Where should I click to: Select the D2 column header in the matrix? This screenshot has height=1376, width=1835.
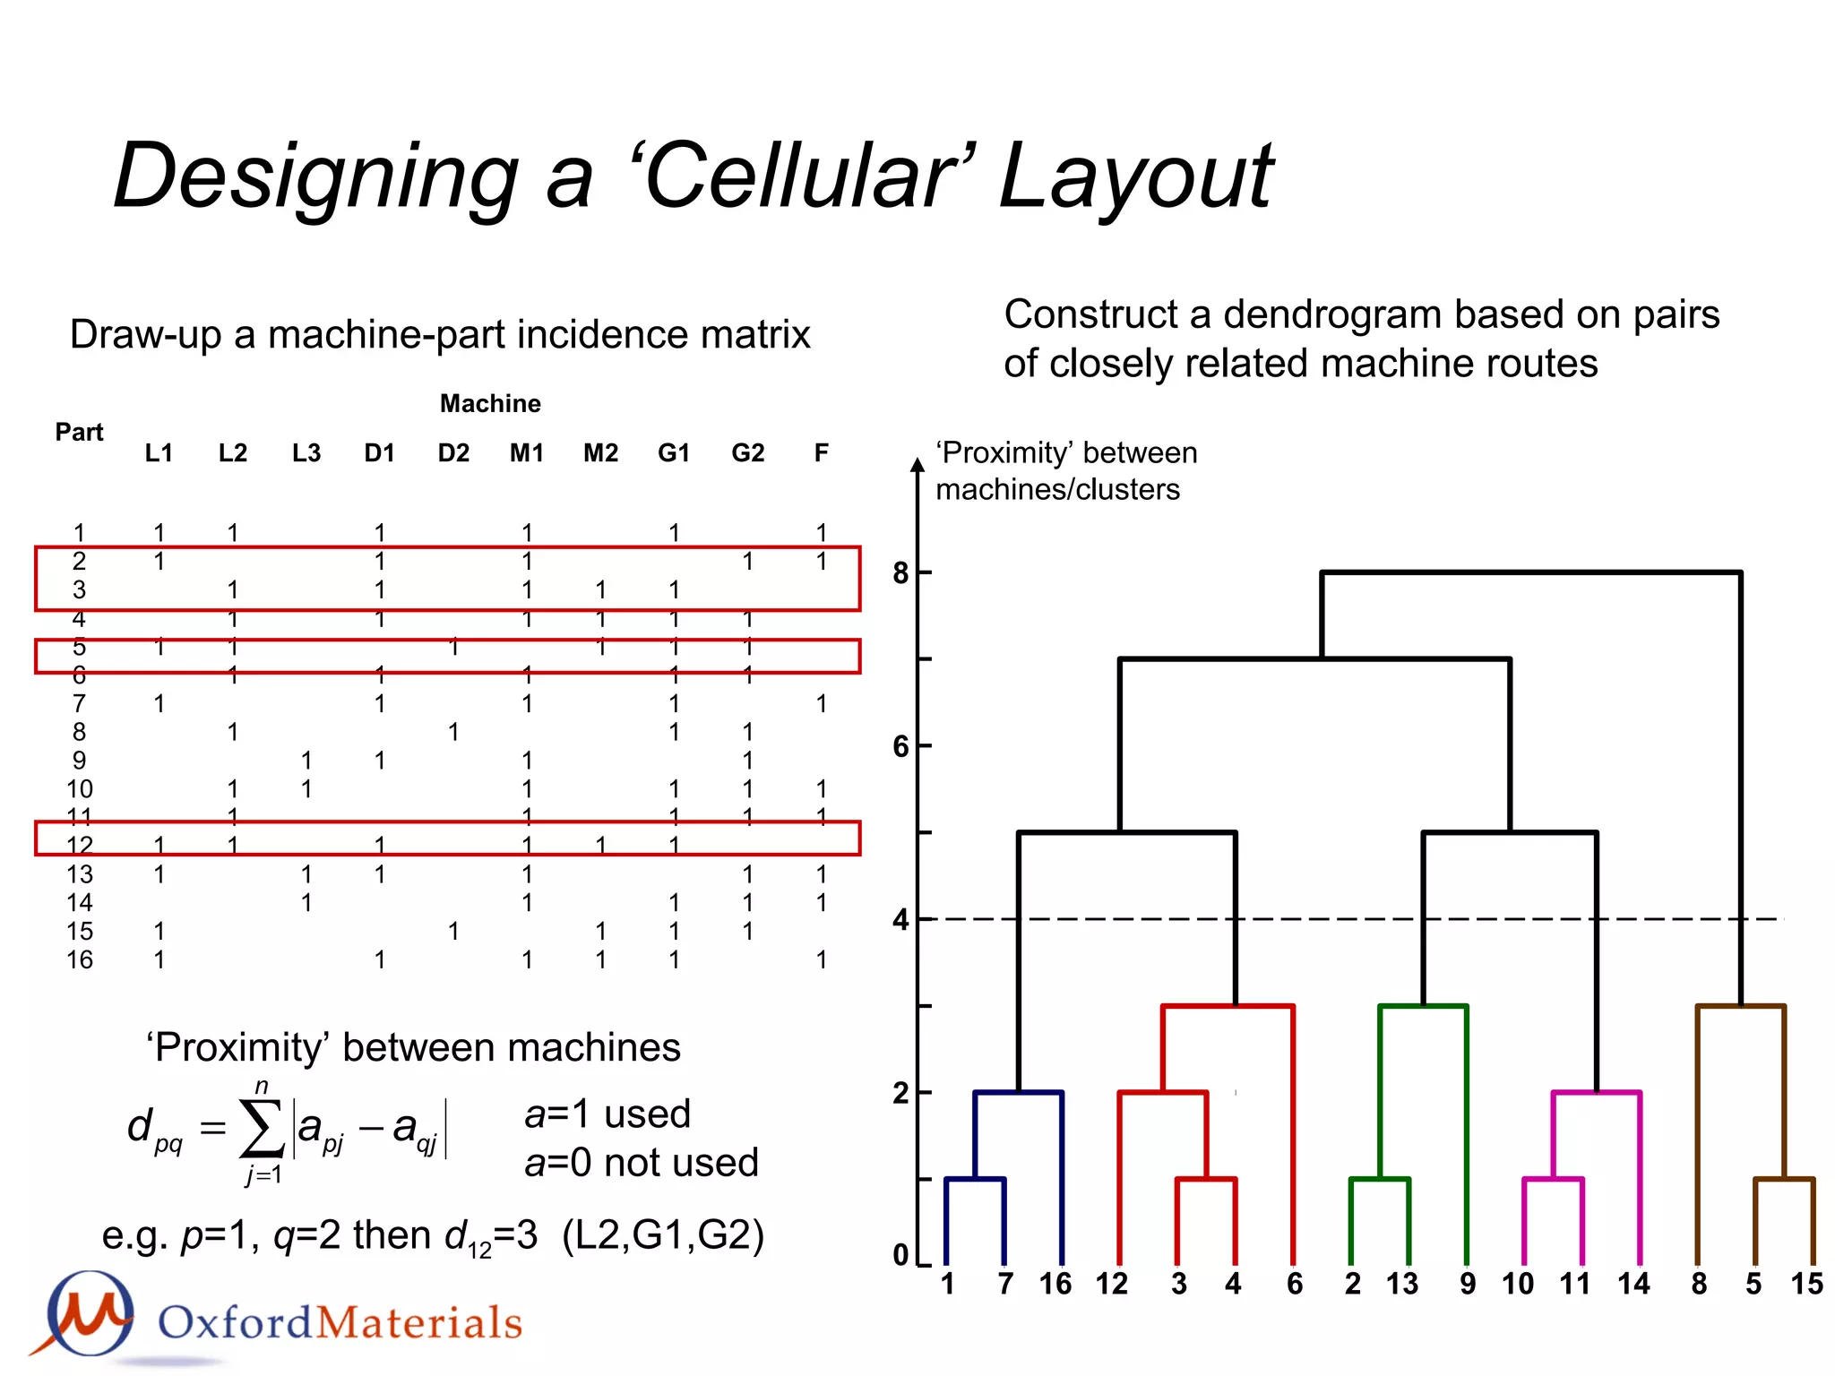coord(453,453)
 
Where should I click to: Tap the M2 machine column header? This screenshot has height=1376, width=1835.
coord(600,453)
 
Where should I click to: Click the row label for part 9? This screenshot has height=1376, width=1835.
coord(79,761)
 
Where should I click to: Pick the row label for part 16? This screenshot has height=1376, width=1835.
coord(79,960)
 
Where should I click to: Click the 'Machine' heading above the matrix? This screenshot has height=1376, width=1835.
coord(490,404)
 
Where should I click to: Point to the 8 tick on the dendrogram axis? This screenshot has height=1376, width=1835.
coord(901,572)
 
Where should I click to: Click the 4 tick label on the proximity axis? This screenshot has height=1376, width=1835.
coord(901,920)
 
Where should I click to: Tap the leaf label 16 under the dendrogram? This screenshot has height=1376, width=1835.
coord(1055,1284)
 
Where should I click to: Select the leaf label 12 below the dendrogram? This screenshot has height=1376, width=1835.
coord(1111,1284)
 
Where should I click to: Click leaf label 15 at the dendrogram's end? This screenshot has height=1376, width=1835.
coord(1806,1284)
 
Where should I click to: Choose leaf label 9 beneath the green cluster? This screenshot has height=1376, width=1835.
coord(1467,1284)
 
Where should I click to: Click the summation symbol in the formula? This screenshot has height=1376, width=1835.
coord(262,1131)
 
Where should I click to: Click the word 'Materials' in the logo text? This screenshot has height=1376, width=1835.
coord(419,1323)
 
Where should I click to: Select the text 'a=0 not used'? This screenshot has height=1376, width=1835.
coord(641,1163)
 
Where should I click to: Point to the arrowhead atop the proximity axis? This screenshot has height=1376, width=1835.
coord(917,464)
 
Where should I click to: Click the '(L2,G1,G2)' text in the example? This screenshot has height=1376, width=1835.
coord(663,1235)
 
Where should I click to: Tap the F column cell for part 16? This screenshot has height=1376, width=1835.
coord(821,960)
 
